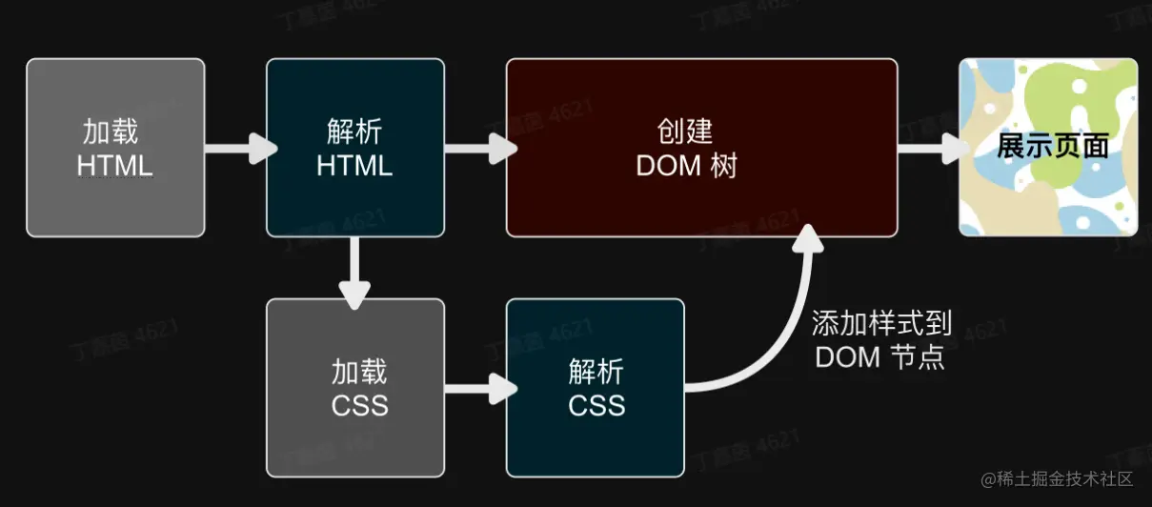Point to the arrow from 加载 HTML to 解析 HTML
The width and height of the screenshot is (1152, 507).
pyautogui.click(x=238, y=148)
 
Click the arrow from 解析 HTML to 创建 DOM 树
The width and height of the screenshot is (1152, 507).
pyautogui.click(x=478, y=148)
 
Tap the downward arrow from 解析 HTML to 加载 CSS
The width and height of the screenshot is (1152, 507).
pyautogui.click(x=354, y=272)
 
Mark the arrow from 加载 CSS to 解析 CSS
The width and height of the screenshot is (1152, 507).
pyautogui.click(x=478, y=387)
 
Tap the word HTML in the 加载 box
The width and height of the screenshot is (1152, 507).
pyautogui.click(x=115, y=165)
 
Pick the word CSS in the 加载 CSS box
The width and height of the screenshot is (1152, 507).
pyautogui.click(x=359, y=405)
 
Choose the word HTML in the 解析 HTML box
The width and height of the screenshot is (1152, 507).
pyautogui.click(x=354, y=165)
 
